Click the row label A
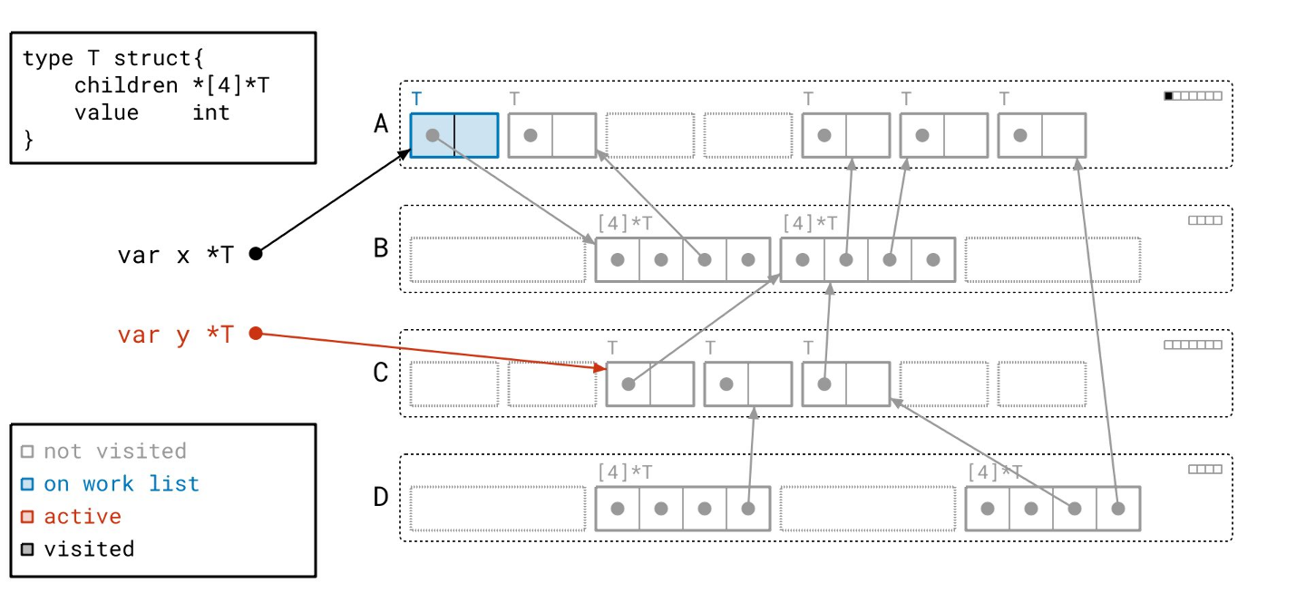click(x=382, y=124)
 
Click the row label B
click(x=382, y=248)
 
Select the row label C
click(x=382, y=373)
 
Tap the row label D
click(x=382, y=497)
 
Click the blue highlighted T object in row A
click(x=454, y=135)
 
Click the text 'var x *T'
click(x=175, y=255)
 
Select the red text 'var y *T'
click(x=175, y=335)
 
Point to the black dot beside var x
click(x=256, y=254)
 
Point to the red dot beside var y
click(x=256, y=334)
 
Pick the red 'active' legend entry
click(x=83, y=517)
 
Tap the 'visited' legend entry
click(x=89, y=549)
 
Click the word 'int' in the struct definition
click(x=211, y=112)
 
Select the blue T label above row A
click(x=416, y=98)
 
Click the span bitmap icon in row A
click(x=1193, y=96)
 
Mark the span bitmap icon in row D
click(x=1205, y=470)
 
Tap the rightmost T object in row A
click(x=1041, y=135)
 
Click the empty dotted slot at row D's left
click(x=497, y=509)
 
